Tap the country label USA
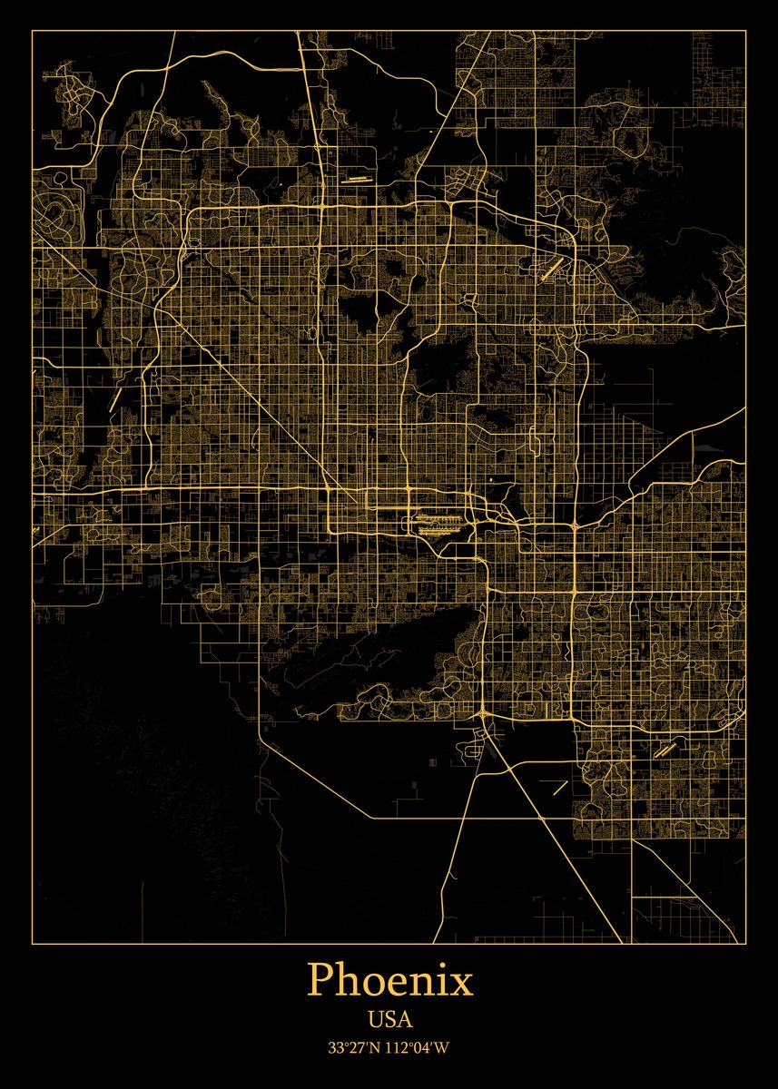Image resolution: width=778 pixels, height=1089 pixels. pyautogui.click(x=389, y=1019)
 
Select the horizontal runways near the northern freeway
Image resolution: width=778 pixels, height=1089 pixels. pyautogui.click(x=356, y=180)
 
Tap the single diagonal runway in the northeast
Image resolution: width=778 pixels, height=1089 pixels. pyautogui.click(x=551, y=268)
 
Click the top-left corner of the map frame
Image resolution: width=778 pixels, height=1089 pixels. pyautogui.click(x=33, y=31)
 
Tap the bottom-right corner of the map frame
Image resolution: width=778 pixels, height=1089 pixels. pyautogui.click(x=745, y=944)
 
